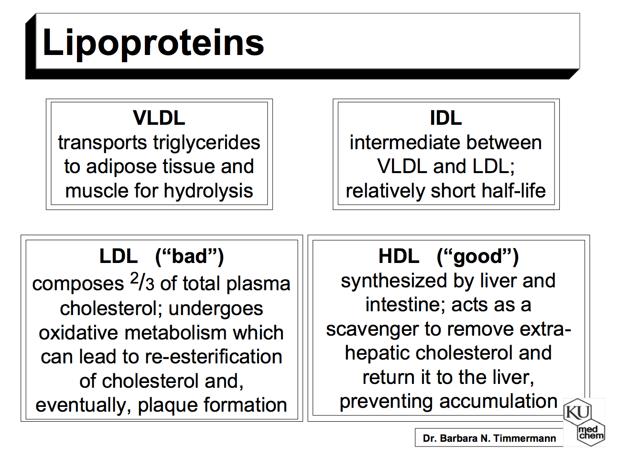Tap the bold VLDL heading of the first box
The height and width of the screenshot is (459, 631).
[x=159, y=118]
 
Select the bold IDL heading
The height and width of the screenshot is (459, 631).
[x=446, y=118]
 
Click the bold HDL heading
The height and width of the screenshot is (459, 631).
[x=399, y=256]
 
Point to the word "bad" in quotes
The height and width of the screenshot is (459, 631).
[x=190, y=256]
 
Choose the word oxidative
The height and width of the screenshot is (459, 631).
[x=79, y=333]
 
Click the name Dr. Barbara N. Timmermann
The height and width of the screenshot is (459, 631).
[x=489, y=438]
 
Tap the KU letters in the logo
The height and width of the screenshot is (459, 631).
[x=577, y=412]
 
